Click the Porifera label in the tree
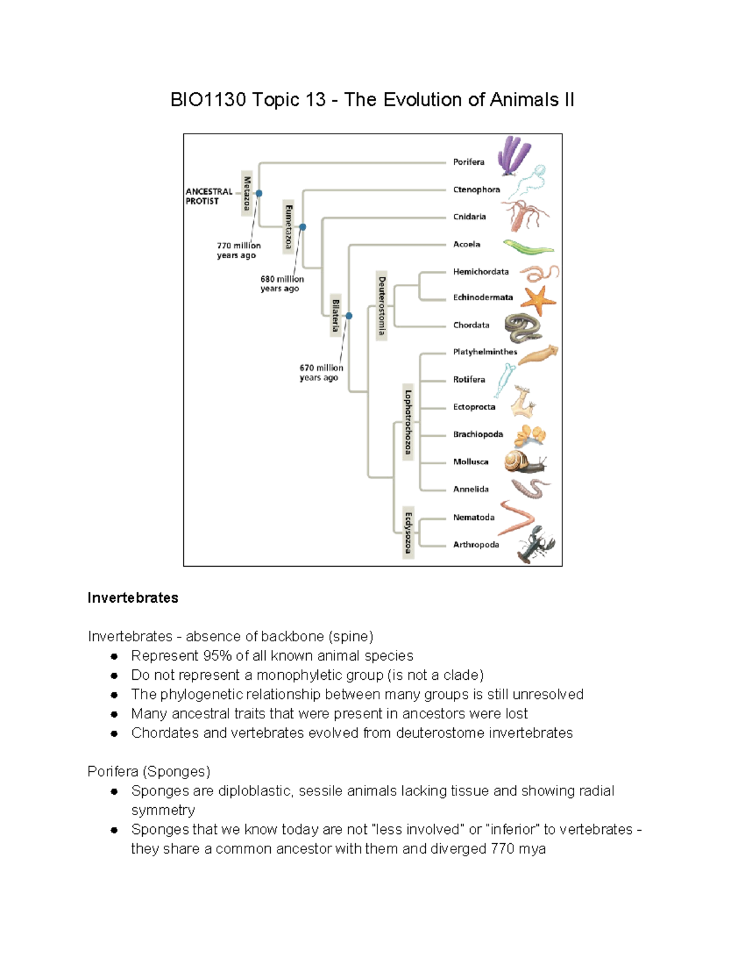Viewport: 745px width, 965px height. (468, 162)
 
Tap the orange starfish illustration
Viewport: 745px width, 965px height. (538, 300)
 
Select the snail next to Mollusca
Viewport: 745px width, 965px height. (523, 462)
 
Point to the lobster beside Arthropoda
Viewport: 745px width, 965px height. (535, 545)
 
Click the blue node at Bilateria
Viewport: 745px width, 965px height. (349, 316)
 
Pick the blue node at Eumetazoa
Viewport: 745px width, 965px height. (303, 227)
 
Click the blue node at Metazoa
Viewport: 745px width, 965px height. (259, 193)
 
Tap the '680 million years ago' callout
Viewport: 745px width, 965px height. (282, 284)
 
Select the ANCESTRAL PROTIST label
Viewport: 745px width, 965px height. (209, 196)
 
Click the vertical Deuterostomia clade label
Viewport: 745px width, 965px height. (382, 306)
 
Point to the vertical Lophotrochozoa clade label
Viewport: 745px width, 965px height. (408, 422)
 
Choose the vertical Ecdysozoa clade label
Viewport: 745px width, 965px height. (408, 532)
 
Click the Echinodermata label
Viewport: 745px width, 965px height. (482, 298)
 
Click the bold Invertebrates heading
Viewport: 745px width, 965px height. (133, 598)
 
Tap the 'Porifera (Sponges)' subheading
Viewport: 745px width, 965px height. (149, 772)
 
